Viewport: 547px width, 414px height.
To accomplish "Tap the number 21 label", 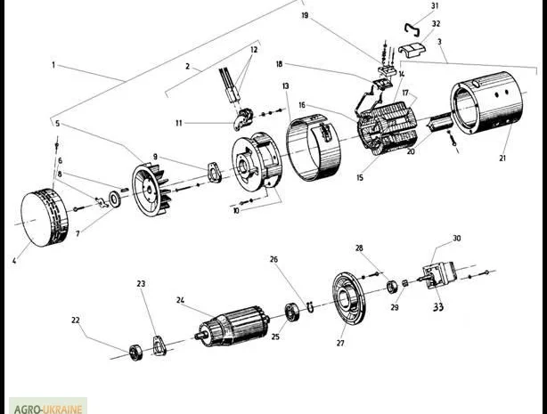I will coord(502,158).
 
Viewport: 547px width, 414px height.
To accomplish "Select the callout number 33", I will coord(437,306).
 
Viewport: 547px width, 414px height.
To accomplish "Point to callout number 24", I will coord(181,300).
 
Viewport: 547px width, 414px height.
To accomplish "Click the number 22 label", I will coord(76,320).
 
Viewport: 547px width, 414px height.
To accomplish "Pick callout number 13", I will coord(286,86).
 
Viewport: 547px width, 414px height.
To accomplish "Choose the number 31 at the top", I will coord(435,6).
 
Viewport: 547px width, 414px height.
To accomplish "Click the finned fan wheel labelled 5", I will coord(151,189).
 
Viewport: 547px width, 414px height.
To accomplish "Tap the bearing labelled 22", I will coord(136,350).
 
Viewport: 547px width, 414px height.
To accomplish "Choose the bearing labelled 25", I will coord(291,313).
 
